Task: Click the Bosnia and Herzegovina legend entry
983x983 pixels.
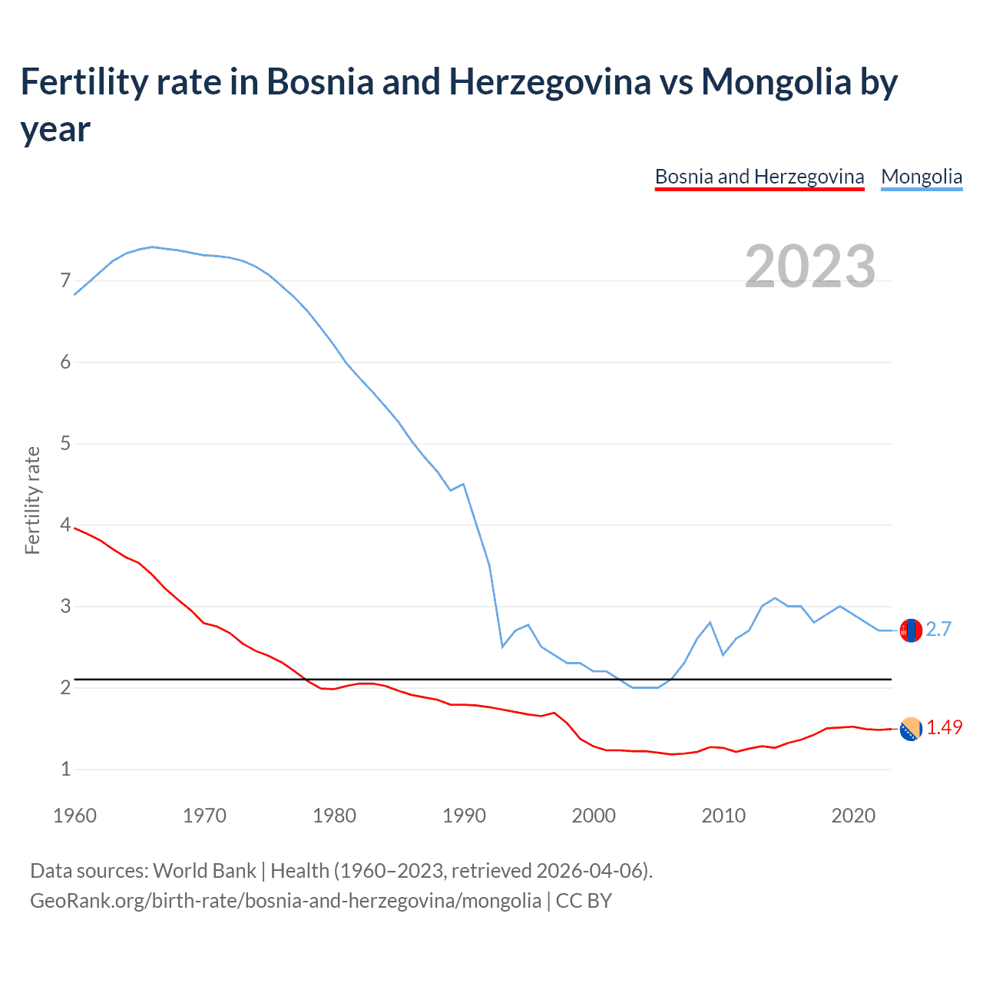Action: (x=759, y=177)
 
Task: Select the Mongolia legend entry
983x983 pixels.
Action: (x=921, y=177)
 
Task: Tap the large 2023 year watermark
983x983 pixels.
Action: (x=809, y=266)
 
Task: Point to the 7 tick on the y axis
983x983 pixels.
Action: (x=65, y=281)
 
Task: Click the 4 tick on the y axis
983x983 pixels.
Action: (x=65, y=525)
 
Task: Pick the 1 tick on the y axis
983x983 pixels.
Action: (x=65, y=769)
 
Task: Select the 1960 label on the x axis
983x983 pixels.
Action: (x=74, y=816)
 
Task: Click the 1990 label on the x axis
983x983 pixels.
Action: (x=464, y=816)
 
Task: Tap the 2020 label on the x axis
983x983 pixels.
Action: (x=853, y=816)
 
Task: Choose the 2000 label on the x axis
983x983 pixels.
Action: (x=594, y=816)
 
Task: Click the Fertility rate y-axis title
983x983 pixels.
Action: (x=32, y=500)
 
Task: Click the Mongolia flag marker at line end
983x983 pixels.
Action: (x=911, y=631)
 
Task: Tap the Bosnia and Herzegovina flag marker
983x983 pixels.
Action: (x=911, y=729)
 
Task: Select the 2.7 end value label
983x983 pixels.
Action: (x=938, y=630)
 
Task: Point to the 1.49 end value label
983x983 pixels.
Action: (x=944, y=728)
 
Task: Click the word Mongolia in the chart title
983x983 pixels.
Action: (x=776, y=82)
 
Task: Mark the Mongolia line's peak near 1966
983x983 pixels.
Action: (x=152, y=247)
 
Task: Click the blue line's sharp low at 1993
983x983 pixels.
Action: (x=502, y=647)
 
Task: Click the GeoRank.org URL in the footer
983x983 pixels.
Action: (x=285, y=900)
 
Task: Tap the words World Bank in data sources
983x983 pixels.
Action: (x=204, y=871)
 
